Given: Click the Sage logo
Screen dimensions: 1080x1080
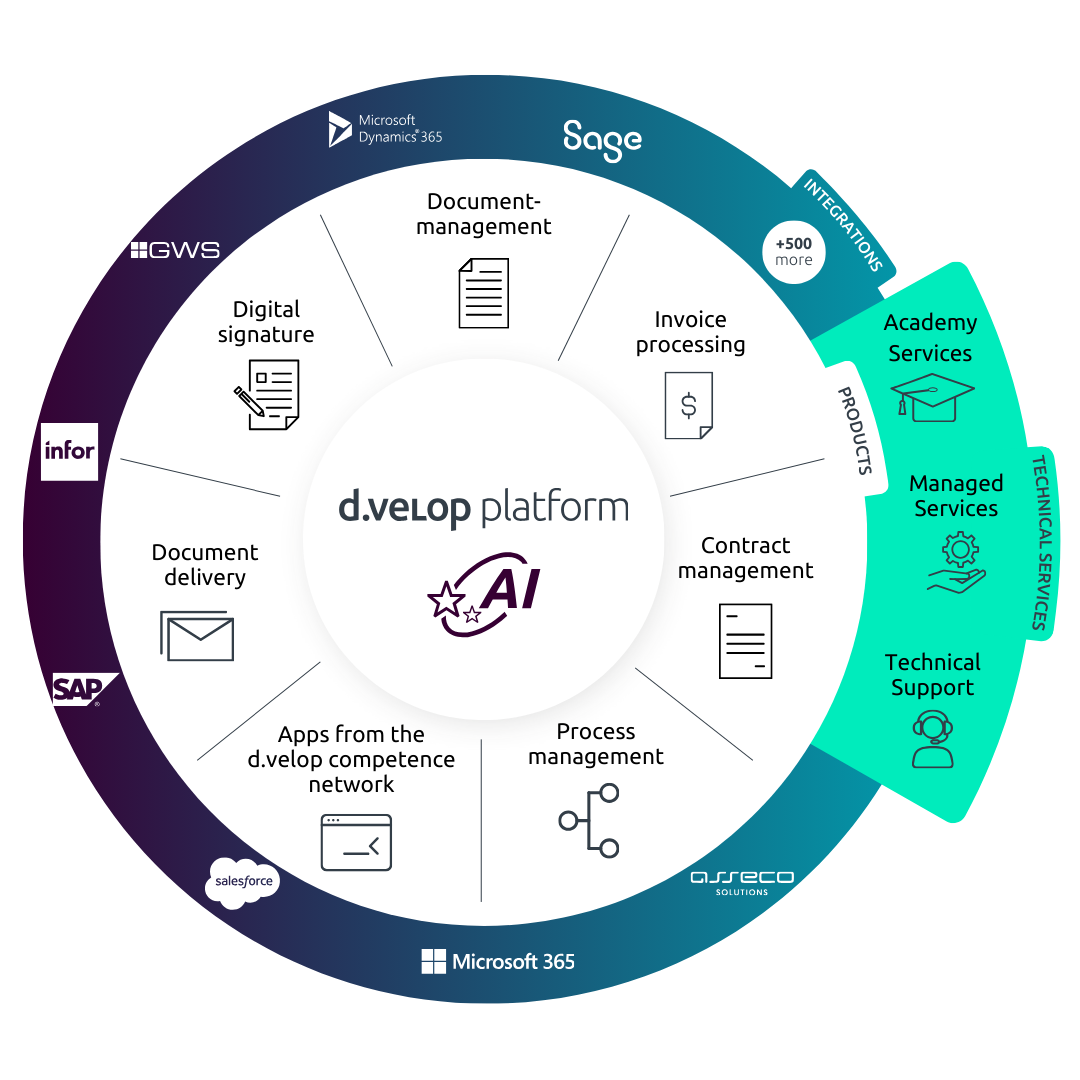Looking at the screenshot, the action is tap(602, 140).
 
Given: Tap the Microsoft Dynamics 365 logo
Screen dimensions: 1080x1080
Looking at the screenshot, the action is tap(385, 129).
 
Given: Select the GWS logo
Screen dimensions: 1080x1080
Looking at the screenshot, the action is tap(175, 250).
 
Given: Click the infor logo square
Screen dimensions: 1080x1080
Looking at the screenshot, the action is tap(70, 451).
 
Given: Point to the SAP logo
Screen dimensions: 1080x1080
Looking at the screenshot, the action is tap(83, 689).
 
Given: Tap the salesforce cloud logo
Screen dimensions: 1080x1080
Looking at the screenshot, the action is tap(242, 882).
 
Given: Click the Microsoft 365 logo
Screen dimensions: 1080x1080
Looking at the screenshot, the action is tap(498, 961).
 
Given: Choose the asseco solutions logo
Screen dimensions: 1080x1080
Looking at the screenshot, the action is tap(742, 882).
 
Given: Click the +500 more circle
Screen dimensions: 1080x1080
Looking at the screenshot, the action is tap(793, 252).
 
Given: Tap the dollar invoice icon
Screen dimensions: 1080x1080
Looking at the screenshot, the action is tap(688, 405).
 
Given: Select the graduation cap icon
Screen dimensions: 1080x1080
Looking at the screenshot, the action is tap(931, 397).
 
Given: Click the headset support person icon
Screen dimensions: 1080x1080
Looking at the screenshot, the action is tap(933, 739).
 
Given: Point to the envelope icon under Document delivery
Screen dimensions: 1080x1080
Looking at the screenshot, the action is tap(197, 635).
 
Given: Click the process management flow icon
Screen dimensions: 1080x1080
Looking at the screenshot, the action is tap(589, 820).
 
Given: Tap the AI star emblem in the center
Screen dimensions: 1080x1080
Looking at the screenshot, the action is tap(484, 594).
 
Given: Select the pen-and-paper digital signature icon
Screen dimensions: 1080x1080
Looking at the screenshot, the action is tap(267, 395).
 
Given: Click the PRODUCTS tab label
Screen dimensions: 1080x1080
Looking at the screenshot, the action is tap(856, 430).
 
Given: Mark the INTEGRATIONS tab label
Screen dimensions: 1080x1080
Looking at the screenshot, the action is tap(844, 225).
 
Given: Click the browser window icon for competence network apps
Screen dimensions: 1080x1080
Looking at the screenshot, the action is tap(356, 842).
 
